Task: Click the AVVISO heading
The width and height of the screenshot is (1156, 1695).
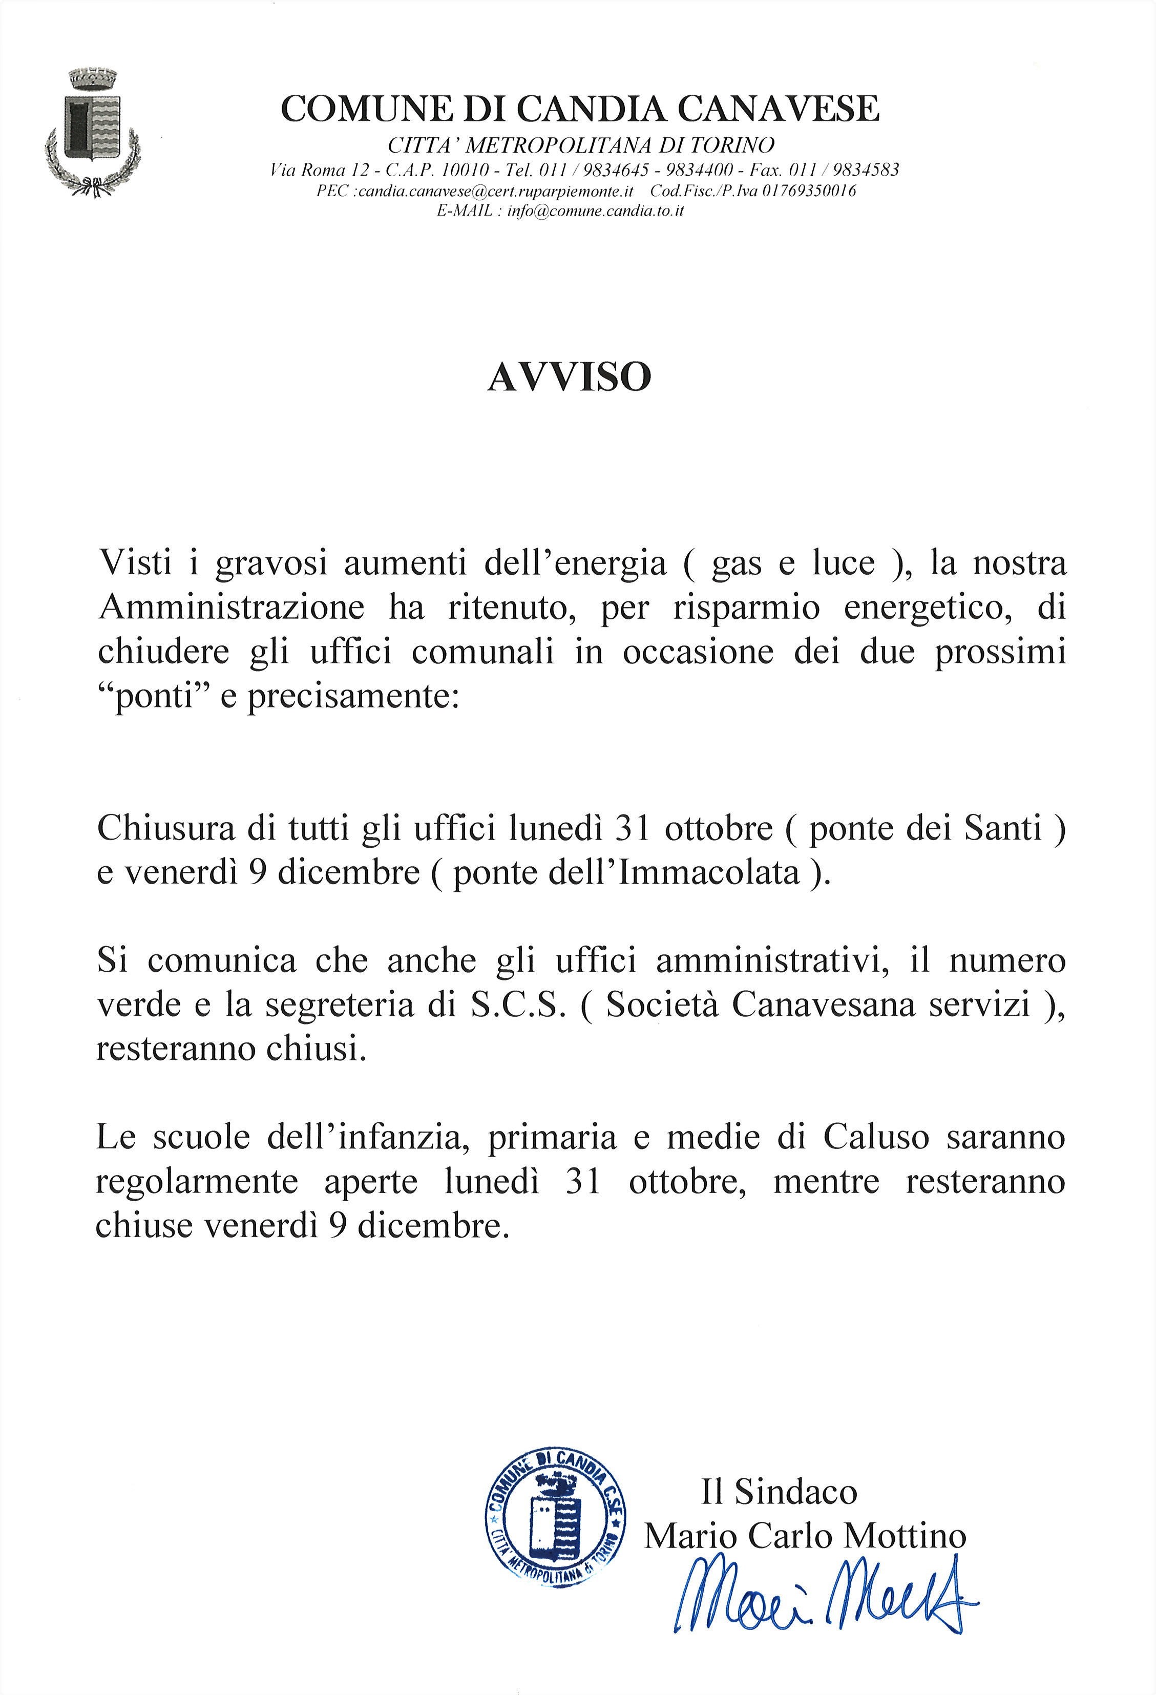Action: (x=569, y=378)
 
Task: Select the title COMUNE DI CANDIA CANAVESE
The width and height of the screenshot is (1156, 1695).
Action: (x=580, y=110)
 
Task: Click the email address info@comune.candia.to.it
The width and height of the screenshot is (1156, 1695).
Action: (x=595, y=212)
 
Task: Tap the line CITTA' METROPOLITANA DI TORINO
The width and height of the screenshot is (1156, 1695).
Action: (x=581, y=146)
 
